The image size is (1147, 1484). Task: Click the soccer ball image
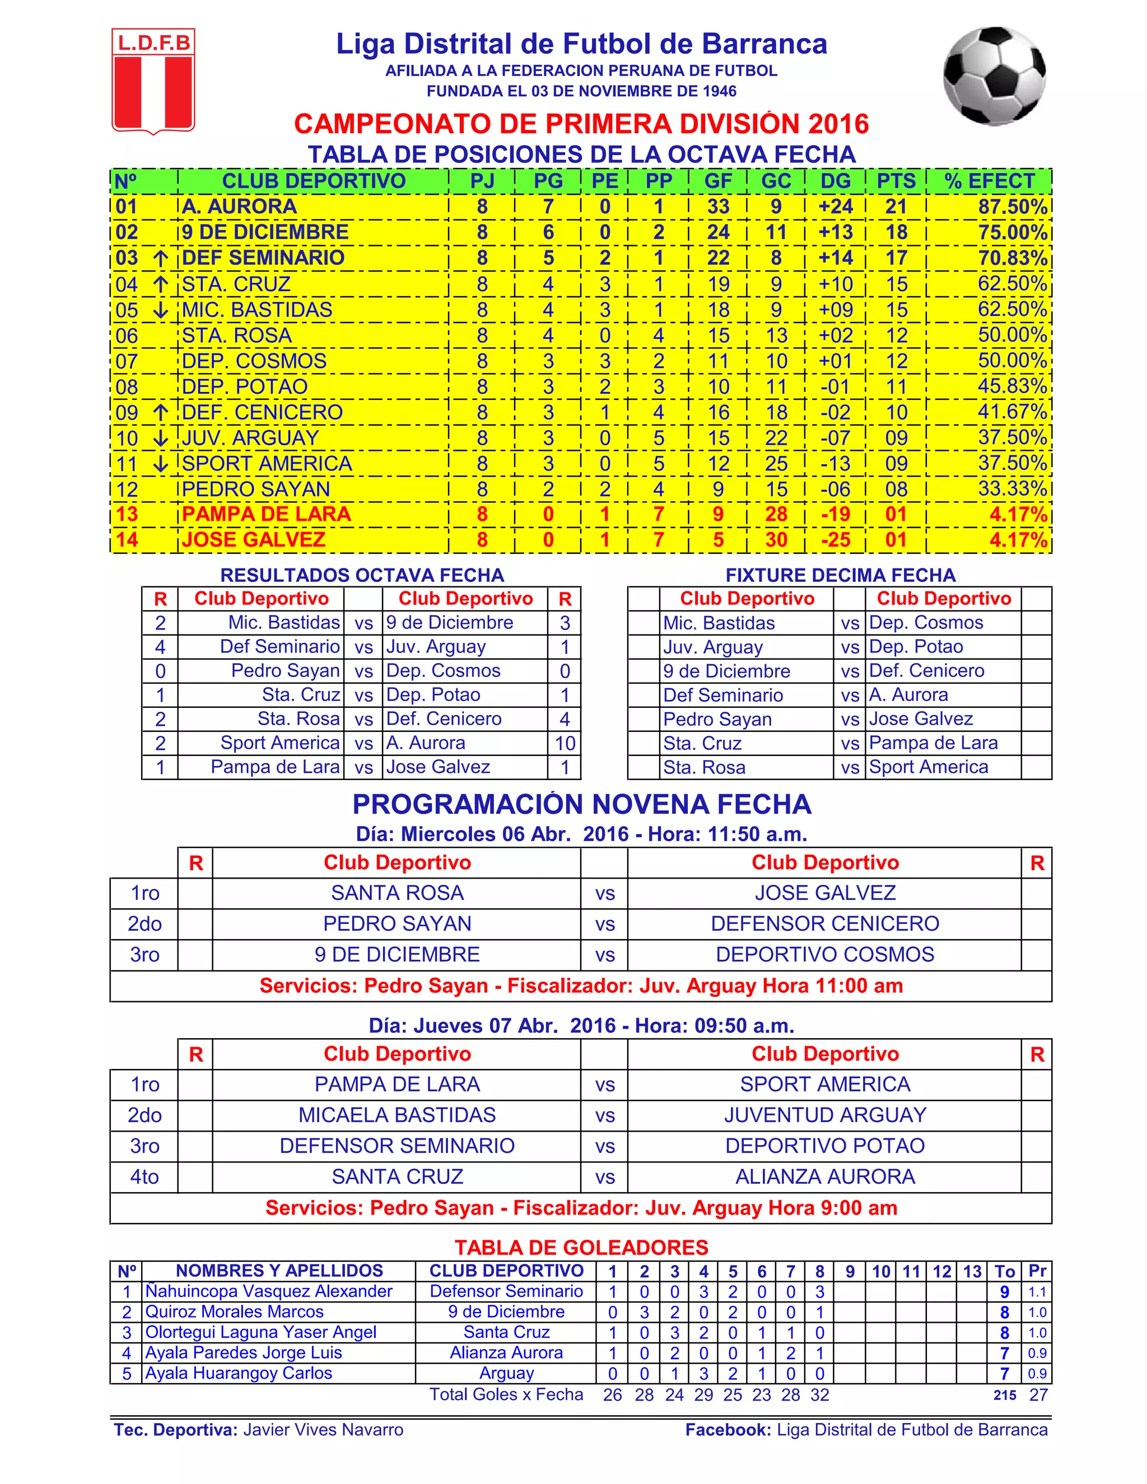pos(994,76)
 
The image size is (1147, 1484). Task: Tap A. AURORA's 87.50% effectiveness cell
pos(1012,207)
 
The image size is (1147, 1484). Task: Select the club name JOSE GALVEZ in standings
pos(254,540)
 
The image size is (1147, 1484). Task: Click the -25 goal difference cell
pos(835,540)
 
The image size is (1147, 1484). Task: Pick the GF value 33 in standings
pos(717,207)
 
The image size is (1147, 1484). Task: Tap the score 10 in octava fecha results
pos(565,743)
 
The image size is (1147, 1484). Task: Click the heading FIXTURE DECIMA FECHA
pos(840,576)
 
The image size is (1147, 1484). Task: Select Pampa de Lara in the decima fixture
pos(933,743)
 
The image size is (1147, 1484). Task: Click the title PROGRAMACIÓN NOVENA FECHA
pos(582,805)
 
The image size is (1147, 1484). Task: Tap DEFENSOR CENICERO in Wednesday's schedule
pos(824,924)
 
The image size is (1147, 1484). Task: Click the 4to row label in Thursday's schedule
pos(144,1177)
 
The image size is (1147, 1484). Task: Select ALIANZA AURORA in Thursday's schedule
pos(824,1177)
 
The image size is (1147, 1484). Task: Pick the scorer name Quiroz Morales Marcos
pos(235,1312)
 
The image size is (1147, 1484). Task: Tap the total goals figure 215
pos(1004,1395)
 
